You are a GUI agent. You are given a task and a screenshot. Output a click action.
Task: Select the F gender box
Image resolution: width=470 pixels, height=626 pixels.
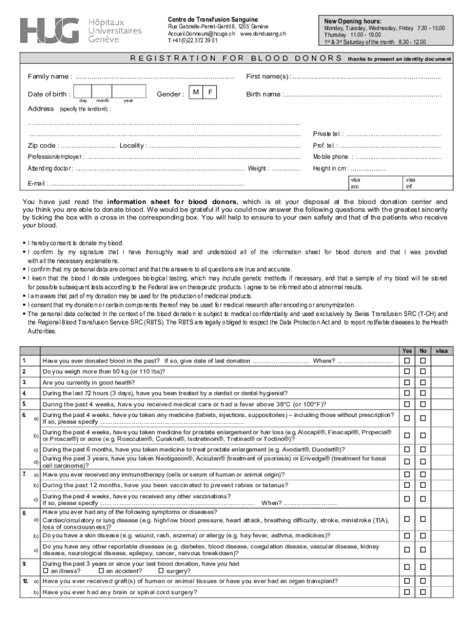tap(209, 92)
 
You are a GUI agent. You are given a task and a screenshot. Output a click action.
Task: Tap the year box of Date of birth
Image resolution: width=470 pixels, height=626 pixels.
tap(129, 92)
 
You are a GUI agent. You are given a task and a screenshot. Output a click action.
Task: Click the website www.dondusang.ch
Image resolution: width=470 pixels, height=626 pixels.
tap(263, 34)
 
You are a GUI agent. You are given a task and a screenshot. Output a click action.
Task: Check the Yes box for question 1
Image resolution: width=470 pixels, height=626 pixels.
tap(407, 361)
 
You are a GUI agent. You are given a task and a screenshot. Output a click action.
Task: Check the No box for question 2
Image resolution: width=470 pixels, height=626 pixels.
tap(422, 372)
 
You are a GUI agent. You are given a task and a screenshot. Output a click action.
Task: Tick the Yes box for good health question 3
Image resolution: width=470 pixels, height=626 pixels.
tap(407, 382)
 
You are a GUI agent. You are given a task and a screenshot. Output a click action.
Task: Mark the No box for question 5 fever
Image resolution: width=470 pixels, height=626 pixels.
tap(422, 403)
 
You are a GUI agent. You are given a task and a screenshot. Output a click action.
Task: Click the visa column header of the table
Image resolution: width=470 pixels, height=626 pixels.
tap(442, 351)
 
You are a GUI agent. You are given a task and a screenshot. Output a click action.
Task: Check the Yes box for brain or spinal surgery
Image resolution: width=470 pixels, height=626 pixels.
tap(407, 592)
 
